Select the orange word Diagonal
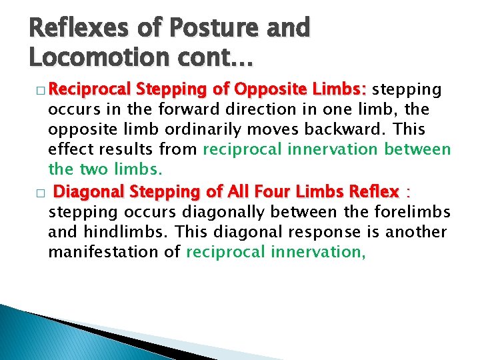pos(89,192)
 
